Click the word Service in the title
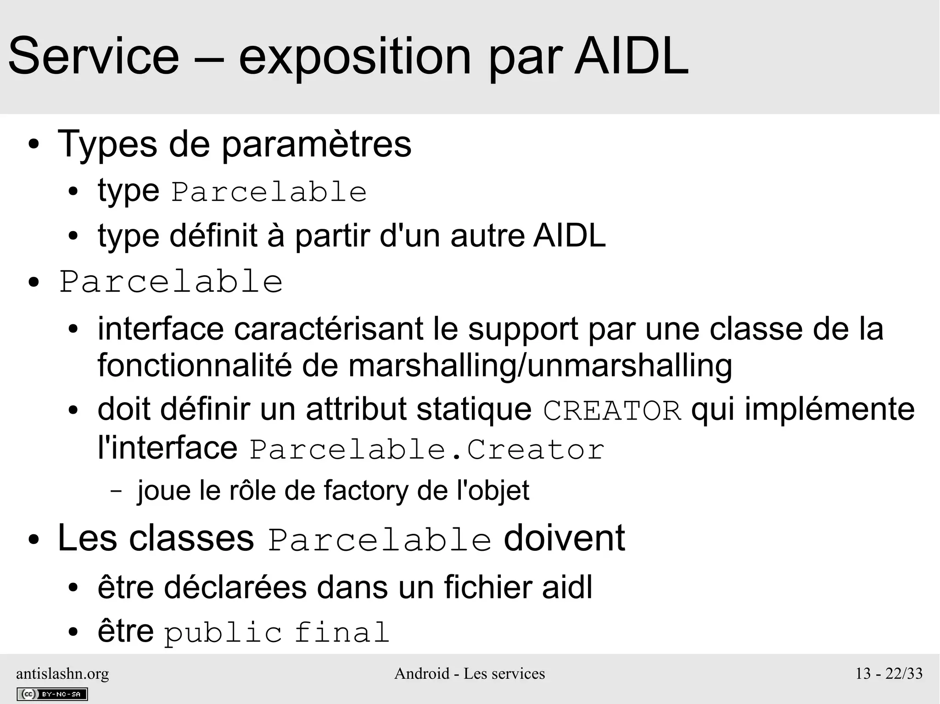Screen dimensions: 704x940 click(94, 57)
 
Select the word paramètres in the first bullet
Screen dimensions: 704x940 click(316, 144)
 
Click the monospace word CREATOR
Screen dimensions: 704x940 click(612, 410)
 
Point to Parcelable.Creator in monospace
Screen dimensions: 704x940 click(427, 449)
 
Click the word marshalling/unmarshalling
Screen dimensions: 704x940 click(540, 366)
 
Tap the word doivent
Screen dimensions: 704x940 click(564, 538)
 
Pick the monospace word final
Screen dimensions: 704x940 click(341, 633)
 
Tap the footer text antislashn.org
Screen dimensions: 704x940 click(62, 673)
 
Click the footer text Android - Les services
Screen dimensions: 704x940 click(470, 673)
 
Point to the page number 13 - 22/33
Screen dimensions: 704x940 click(889, 673)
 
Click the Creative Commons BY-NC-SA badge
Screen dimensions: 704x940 click(52, 694)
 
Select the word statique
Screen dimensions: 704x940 click(473, 409)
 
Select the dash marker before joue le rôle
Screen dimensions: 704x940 click(117, 491)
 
